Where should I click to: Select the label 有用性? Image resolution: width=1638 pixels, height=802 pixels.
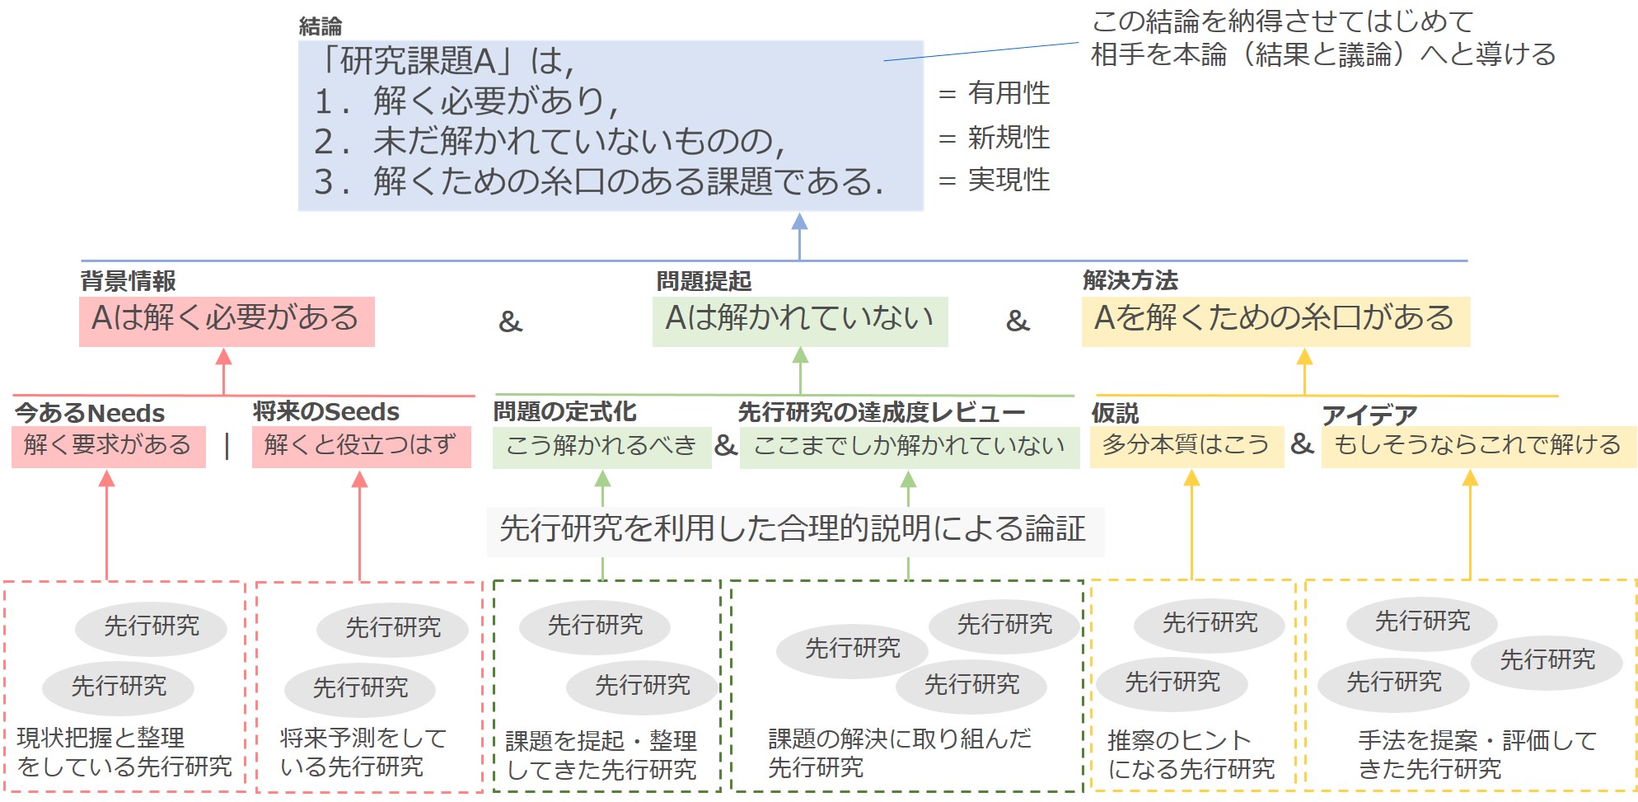(x=1009, y=93)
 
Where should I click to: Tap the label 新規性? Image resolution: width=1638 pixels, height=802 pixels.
(x=1009, y=137)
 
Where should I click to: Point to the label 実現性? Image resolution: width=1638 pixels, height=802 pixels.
(x=1009, y=180)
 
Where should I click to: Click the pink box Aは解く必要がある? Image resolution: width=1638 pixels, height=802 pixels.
(x=227, y=321)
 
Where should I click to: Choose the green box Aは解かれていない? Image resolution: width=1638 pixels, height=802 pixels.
(x=799, y=321)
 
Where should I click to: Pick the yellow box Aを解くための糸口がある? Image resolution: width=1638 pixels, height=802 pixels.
(x=1275, y=321)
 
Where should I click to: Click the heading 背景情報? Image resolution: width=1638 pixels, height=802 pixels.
(x=128, y=281)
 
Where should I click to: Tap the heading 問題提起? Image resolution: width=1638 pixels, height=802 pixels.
(x=704, y=281)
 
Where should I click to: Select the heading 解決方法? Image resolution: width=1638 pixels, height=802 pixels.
(x=1130, y=281)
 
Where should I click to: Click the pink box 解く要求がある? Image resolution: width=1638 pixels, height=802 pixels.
(x=108, y=446)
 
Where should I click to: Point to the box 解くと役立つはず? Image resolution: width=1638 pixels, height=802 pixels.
(x=361, y=446)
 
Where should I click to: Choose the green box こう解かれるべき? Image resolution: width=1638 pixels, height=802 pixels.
(x=601, y=447)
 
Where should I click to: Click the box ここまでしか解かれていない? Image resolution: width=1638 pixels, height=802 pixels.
(x=909, y=447)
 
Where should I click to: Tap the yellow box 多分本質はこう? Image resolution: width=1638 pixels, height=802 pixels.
(x=1186, y=446)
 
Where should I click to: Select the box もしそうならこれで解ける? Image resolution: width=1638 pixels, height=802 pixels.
(x=1477, y=446)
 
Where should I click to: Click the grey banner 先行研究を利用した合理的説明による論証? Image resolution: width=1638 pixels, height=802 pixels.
(x=793, y=530)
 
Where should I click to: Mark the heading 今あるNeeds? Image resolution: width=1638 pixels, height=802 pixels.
(x=90, y=412)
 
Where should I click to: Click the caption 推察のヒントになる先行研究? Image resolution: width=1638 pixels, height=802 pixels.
(x=1191, y=754)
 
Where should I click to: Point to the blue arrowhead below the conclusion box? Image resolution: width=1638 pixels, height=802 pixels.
(x=799, y=221)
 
